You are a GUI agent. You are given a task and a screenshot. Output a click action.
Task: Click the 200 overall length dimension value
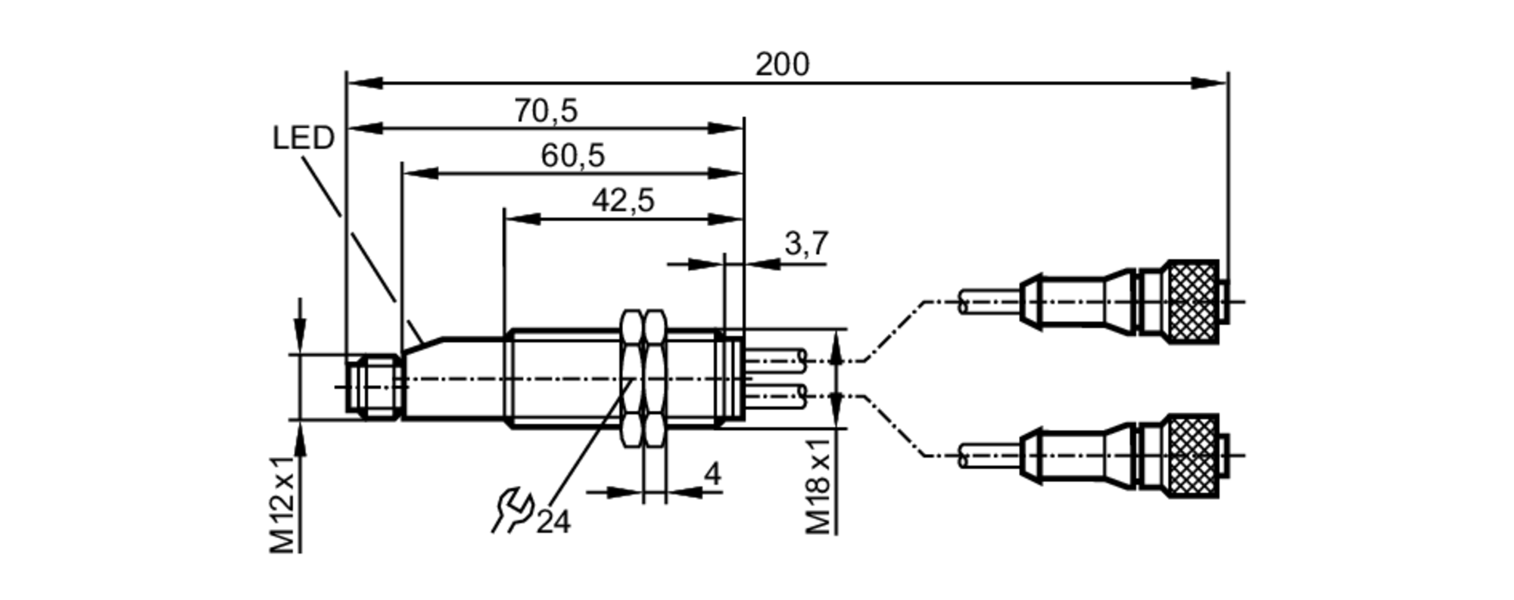pos(782,65)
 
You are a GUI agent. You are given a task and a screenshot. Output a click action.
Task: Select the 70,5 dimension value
pos(546,111)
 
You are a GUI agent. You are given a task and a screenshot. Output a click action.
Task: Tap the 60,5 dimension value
pos(572,156)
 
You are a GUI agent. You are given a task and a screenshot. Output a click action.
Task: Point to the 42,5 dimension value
pos(623,201)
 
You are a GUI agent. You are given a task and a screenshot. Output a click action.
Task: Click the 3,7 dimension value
pos(806,244)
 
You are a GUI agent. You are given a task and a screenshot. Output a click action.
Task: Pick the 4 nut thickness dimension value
pos(712,475)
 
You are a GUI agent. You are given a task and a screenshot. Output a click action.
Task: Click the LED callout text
pos(303,138)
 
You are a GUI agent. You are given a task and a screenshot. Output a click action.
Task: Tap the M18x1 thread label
pos(818,484)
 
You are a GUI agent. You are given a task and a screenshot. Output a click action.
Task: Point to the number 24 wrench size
pos(553,522)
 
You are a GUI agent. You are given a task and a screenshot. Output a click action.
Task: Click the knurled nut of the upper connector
pos(1192,301)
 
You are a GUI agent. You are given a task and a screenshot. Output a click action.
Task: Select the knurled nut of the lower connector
pos(1192,455)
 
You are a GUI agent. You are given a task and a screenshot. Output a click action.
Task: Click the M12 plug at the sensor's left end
pos(373,386)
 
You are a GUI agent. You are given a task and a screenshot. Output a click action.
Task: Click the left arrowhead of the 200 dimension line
pos(363,82)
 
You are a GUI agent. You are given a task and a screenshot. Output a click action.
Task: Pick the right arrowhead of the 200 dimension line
pos(1210,82)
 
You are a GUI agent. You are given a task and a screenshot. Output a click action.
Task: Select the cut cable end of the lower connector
pos(963,455)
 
